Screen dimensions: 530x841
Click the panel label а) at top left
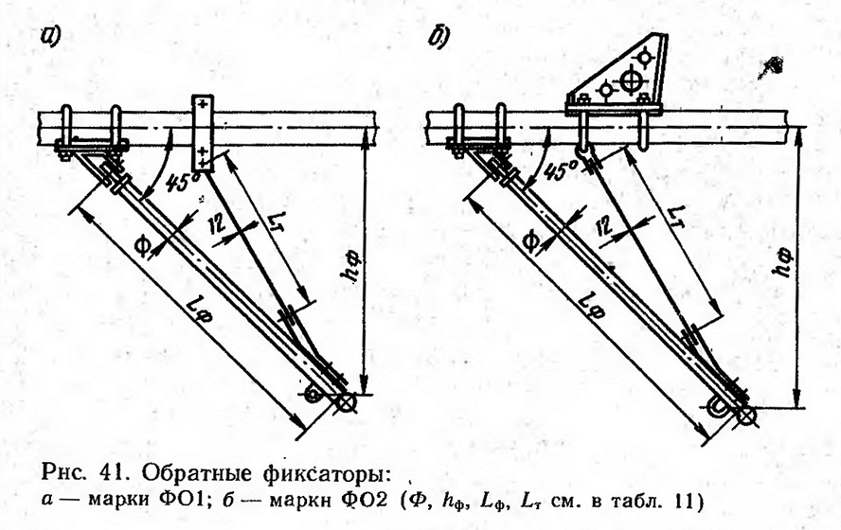pos(50,37)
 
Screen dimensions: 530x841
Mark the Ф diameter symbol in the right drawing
pos(532,242)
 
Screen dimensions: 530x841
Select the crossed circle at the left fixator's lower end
pos(347,404)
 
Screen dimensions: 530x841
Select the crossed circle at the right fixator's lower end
pos(746,415)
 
